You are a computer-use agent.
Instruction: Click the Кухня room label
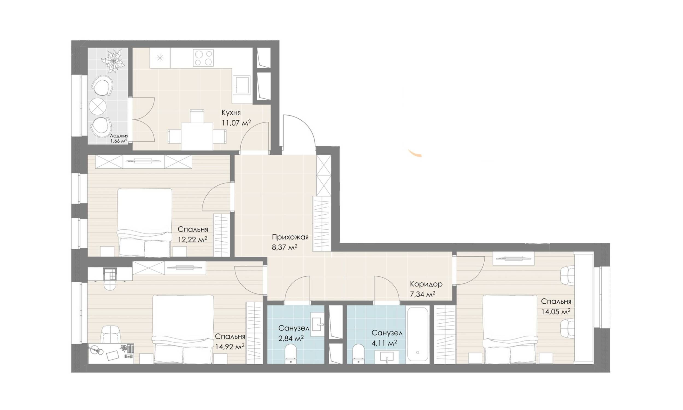point(231,113)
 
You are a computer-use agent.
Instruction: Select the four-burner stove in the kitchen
point(203,57)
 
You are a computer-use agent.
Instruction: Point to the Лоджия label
point(119,136)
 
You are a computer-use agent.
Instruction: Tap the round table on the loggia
point(98,106)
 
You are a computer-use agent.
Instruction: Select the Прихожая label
point(290,237)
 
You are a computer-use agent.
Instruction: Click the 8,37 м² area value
point(285,247)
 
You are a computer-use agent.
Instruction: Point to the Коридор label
point(426,284)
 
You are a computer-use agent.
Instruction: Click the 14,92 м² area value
point(230,347)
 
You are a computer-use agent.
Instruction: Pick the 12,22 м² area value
point(192,239)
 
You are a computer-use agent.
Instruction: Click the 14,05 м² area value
point(556,312)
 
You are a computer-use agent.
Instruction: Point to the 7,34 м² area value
point(422,294)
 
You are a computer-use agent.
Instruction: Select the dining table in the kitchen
point(197,136)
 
